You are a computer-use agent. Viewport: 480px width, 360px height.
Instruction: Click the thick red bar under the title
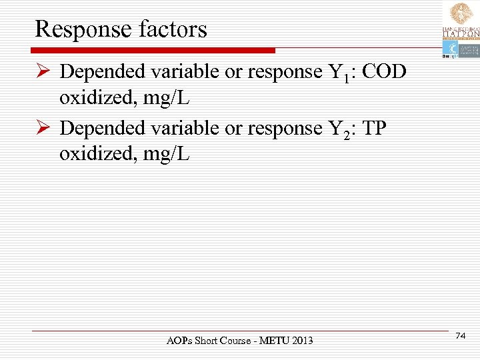coord(153,51)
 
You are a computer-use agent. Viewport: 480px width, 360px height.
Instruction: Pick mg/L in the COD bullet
coord(167,99)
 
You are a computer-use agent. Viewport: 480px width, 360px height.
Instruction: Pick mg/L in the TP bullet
coord(167,155)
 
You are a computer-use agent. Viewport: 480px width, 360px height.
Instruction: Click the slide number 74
coord(460,338)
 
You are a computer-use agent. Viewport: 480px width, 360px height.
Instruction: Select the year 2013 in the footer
coord(300,341)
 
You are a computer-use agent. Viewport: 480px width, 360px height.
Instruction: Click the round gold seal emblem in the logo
coord(460,14)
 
